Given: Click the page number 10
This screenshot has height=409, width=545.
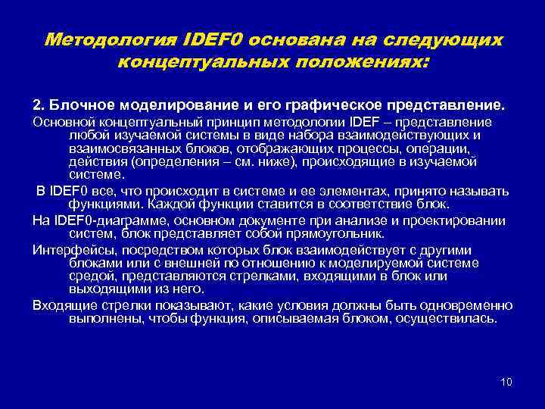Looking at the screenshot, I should pyautogui.click(x=506, y=381).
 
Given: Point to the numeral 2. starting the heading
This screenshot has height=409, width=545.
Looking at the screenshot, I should pyautogui.click(x=37, y=102).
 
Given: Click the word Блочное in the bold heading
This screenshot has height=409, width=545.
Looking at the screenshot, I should pyautogui.click(x=78, y=102).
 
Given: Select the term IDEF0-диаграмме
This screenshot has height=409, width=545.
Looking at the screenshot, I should pyautogui.click(x=99, y=220).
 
